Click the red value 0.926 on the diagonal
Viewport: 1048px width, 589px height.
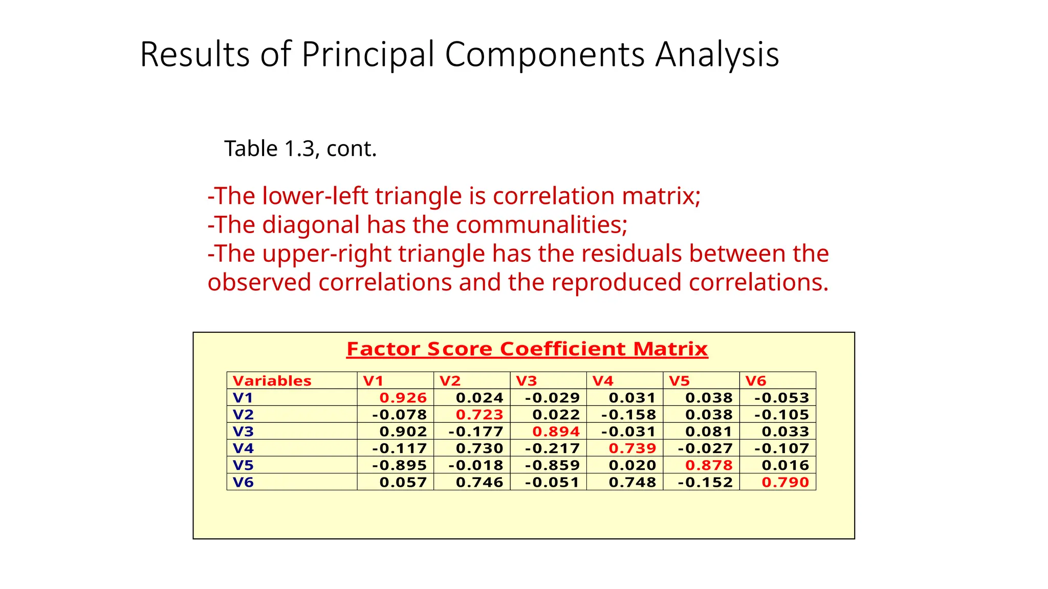coord(403,398)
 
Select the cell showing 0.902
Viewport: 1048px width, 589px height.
coord(403,432)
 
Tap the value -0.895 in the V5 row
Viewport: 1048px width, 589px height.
coord(399,465)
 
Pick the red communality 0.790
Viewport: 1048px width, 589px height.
coord(785,482)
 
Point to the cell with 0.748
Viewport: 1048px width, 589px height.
coord(632,482)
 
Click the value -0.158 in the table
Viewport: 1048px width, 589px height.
coord(628,415)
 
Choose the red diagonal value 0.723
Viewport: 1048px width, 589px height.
coord(479,415)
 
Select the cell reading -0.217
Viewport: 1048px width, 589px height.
coord(552,448)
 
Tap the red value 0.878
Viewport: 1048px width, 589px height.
coord(709,465)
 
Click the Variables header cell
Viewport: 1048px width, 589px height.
coord(272,381)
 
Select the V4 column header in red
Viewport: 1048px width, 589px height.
coord(603,381)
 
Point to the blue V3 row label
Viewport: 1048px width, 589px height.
coord(243,432)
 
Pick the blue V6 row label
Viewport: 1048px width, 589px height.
coord(243,482)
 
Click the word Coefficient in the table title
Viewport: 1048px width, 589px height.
coord(563,349)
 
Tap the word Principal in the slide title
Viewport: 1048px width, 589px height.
coord(368,55)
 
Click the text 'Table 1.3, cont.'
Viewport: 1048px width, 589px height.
coord(300,149)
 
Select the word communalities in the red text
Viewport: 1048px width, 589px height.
coord(541,225)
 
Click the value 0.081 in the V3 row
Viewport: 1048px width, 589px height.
coord(709,432)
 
